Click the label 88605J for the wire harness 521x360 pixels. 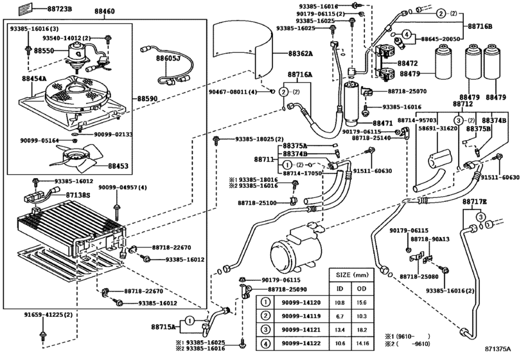coord(170,58)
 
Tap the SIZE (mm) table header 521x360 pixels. coord(351,274)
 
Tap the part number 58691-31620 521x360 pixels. coord(439,129)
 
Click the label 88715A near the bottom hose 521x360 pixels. coord(164,327)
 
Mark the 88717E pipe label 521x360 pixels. coord(475,202)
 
